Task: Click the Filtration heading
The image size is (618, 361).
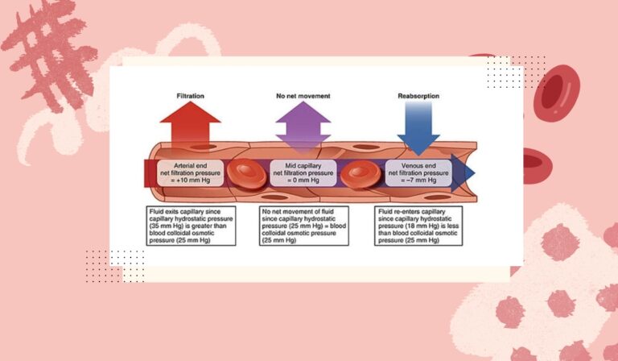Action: click(190, 96)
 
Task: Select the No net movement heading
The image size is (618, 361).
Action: click(303, 96)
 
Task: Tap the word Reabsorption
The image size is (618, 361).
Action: click(418, 96)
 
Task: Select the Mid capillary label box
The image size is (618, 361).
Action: click(303, 172)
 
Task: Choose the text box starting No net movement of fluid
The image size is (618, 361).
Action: click(303, 226)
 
